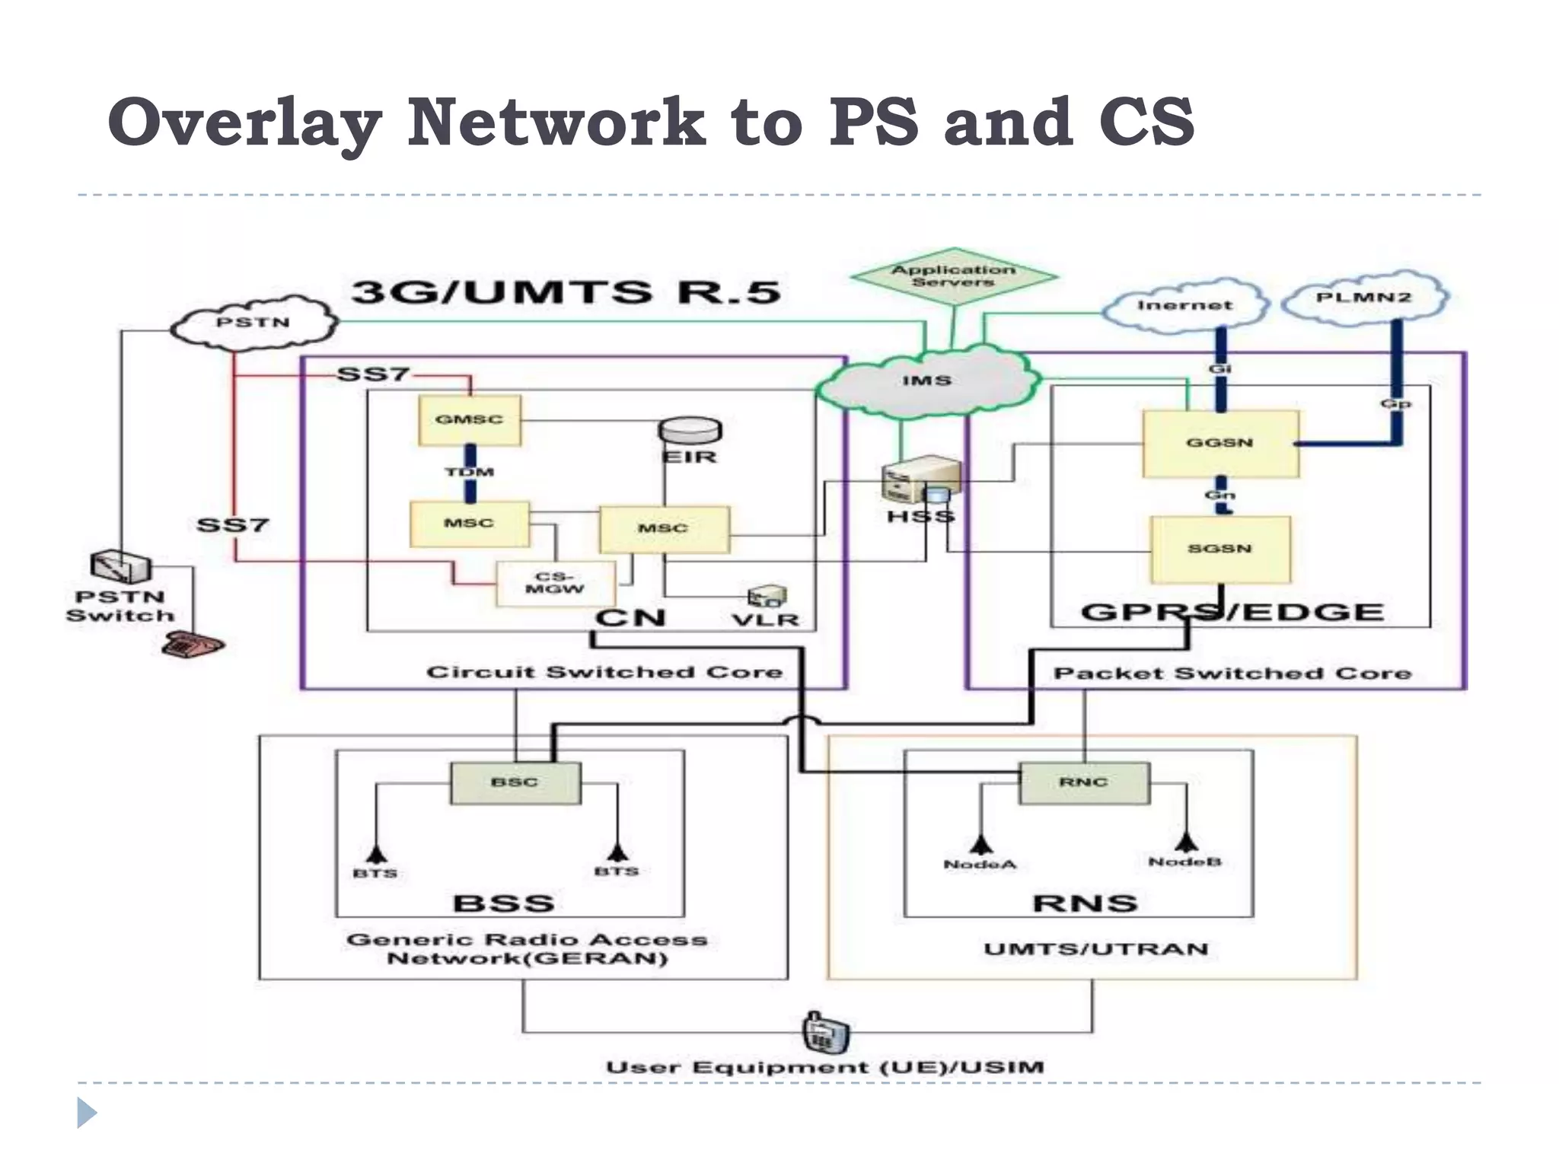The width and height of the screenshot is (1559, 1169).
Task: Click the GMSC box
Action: pos(469,419)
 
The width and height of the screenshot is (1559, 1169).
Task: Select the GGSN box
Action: pos(1219,443)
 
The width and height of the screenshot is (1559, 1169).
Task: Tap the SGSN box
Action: pos(1219,549)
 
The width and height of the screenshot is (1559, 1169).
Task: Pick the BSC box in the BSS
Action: pos(515,782)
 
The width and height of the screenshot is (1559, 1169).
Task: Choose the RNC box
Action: pos(1083,782)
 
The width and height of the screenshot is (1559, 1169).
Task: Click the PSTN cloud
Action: pos(253,323)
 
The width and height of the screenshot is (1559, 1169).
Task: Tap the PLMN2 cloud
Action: pos(1363,298)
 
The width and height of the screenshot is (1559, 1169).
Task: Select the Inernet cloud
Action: pos(1184,305)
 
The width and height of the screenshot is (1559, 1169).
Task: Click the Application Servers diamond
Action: pos(953,276)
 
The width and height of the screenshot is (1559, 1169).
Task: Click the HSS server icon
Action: pos(920,481)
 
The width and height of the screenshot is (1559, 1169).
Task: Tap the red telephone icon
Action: pos(193,644)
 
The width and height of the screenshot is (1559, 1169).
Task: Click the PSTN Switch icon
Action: pos(120,567)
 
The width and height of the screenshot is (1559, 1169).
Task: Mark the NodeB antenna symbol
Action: pos(1185,842)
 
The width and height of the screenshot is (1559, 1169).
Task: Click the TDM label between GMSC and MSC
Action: pos(470,472)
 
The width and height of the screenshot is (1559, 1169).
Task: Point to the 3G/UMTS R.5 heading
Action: pos(566,292)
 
